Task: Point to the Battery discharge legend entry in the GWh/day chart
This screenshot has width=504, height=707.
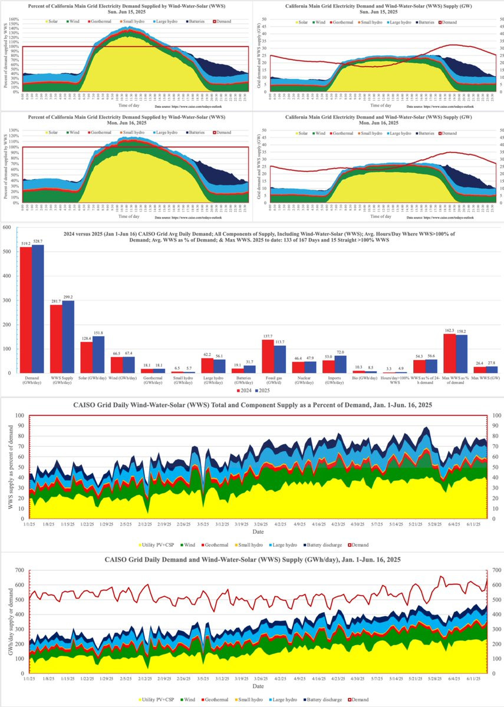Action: (320, 700)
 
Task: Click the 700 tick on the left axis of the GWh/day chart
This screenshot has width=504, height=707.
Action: (19, 570)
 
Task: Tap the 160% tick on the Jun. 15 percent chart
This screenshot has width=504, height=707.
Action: (15, 19)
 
